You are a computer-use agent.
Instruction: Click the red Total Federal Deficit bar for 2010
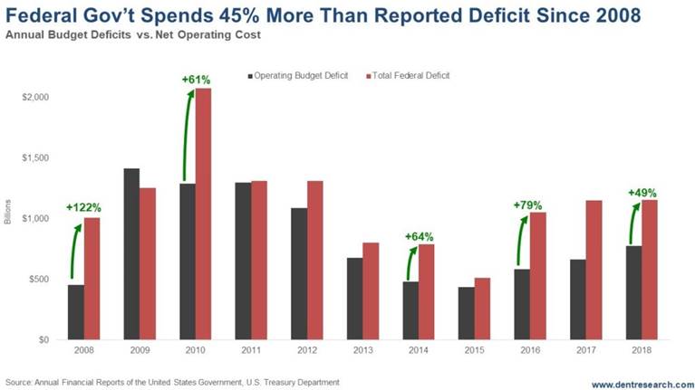204,214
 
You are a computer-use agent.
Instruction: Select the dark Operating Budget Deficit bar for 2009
131,253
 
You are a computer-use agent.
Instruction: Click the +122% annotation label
82,207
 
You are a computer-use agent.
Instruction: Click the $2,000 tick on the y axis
35,97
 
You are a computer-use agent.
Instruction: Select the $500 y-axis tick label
38,279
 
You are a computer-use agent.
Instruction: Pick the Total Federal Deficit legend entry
410,75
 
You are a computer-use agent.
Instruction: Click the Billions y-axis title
9,218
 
